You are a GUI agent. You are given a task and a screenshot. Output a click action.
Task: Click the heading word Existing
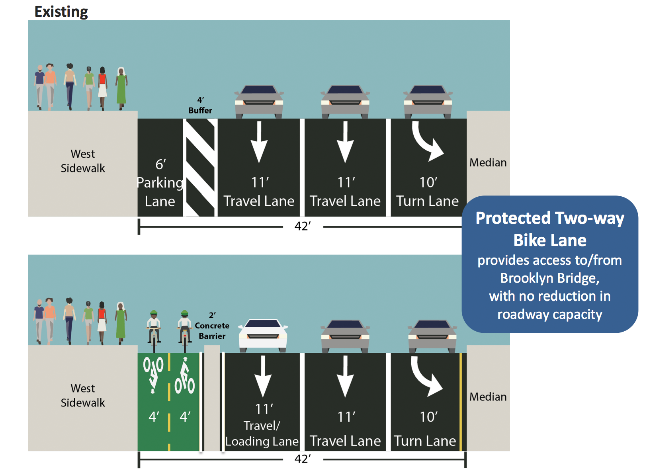(61, 12)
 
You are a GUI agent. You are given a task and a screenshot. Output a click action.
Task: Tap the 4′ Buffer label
(200, 106)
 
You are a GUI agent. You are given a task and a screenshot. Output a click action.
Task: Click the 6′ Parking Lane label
(160, 183)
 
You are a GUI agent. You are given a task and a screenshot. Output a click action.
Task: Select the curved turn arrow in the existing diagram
(427, 141)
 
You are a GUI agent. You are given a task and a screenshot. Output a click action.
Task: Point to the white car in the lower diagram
(263, 335)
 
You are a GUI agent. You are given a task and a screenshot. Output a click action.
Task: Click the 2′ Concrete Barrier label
(212, 326)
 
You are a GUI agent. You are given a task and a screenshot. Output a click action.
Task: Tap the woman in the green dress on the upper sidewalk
(121, 89)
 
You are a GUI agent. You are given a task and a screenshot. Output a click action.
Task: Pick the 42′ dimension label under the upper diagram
(303, 227)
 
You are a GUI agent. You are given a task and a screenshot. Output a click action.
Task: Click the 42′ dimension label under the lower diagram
(303, 459)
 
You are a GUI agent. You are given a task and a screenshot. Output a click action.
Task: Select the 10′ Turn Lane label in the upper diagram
(428, 192)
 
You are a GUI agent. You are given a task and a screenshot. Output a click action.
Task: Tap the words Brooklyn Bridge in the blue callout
(550, 278)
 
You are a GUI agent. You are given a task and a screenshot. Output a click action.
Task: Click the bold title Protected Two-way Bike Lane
(550, 229)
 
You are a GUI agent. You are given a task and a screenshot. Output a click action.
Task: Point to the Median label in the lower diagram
(488, 397)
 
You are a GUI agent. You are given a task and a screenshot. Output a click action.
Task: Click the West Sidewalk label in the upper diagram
(83, 161)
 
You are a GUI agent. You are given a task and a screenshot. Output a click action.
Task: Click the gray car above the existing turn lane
(428, 102)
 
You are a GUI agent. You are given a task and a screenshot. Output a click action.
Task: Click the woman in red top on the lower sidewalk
(102, 323)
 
